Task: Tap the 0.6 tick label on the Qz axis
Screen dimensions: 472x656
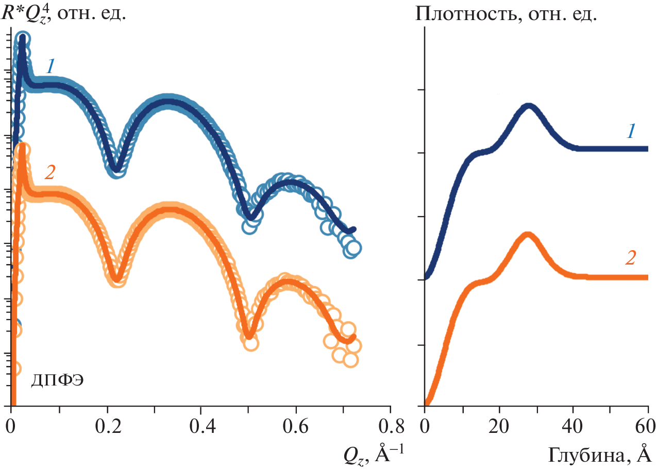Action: click(x=296, y=427)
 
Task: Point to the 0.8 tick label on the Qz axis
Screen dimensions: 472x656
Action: click(x=390, y=427)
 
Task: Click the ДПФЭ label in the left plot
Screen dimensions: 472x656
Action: click(x=57, y=381)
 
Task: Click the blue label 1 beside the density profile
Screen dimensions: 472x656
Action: click(x=630, y=132)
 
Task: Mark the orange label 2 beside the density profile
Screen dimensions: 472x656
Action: click(x=630, y=258)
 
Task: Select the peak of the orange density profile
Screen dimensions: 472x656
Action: click(x=528, y=235)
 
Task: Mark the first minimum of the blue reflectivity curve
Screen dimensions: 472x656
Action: click(x=117, y=168)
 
